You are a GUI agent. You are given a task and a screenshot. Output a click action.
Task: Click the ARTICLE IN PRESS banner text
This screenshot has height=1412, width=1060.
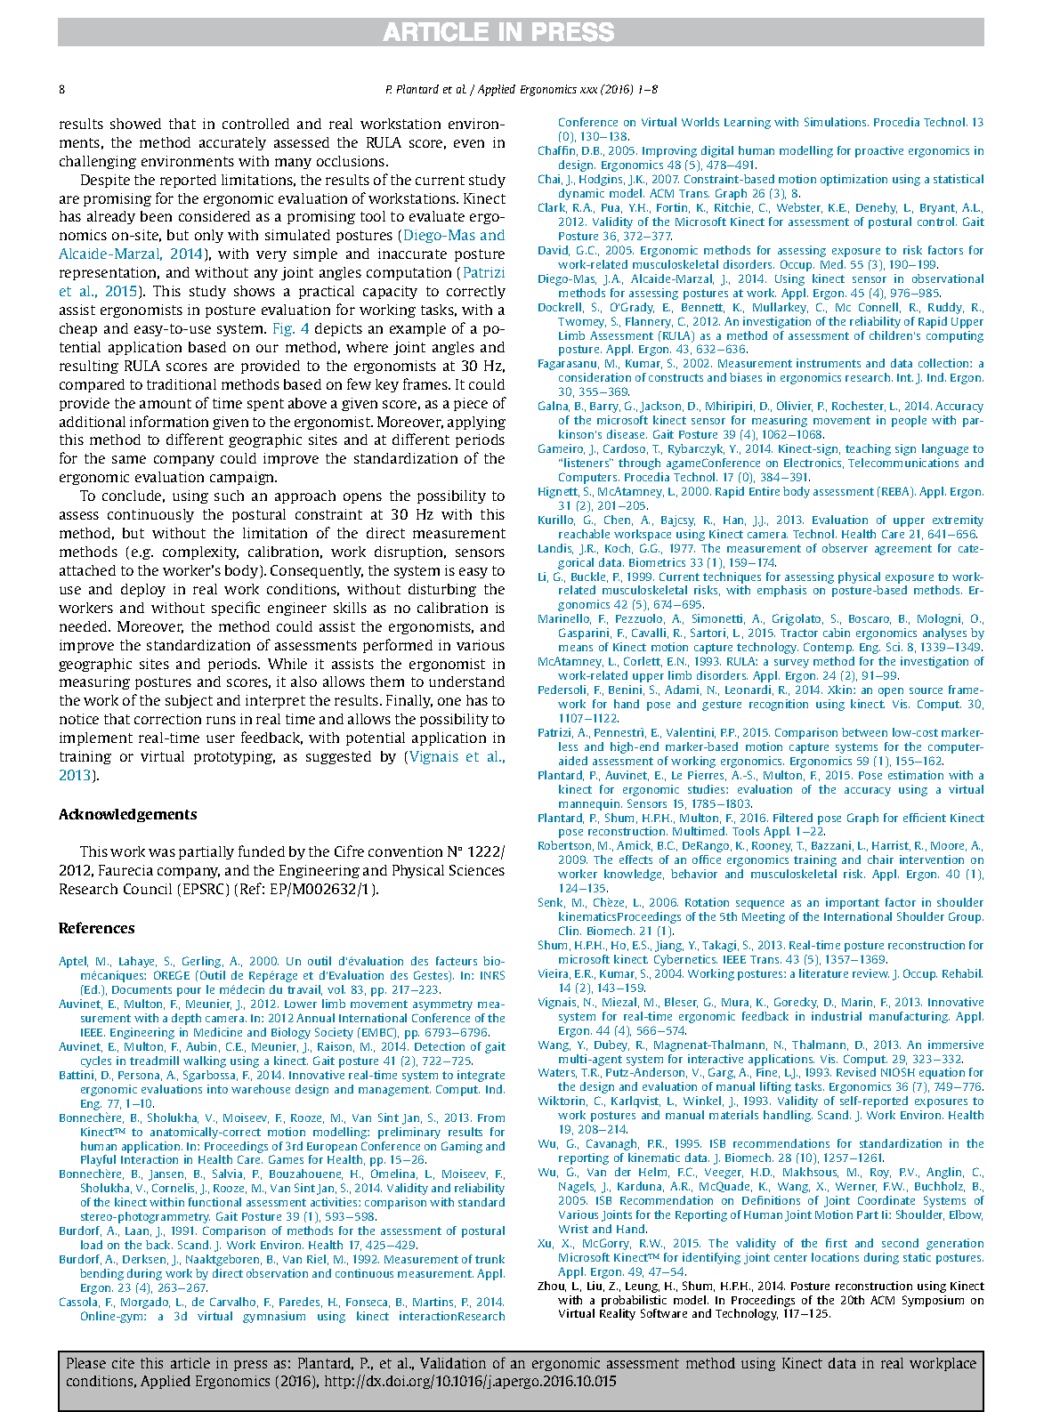click(x=498, y=32)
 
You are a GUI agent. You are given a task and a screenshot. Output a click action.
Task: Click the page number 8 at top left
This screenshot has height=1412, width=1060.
click(x=62, y=90)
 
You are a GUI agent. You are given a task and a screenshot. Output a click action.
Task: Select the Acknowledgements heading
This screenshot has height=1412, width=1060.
click(x=127, y=814)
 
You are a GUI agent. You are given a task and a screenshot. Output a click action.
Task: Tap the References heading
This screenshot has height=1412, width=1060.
click(x=96, y=928)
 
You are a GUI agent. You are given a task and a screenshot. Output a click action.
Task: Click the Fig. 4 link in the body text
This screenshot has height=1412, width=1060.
click(x=290, y=328)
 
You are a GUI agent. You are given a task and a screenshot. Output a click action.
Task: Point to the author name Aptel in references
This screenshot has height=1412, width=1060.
click(x=74, y=961)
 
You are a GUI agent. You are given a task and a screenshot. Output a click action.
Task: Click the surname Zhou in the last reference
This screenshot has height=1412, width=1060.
click(x=552, y=1287)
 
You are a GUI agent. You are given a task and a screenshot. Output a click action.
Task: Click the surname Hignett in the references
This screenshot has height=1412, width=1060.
click(x=558, y=492)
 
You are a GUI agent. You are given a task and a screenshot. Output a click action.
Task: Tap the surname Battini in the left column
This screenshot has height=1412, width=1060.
click(x=77, y=1075)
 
